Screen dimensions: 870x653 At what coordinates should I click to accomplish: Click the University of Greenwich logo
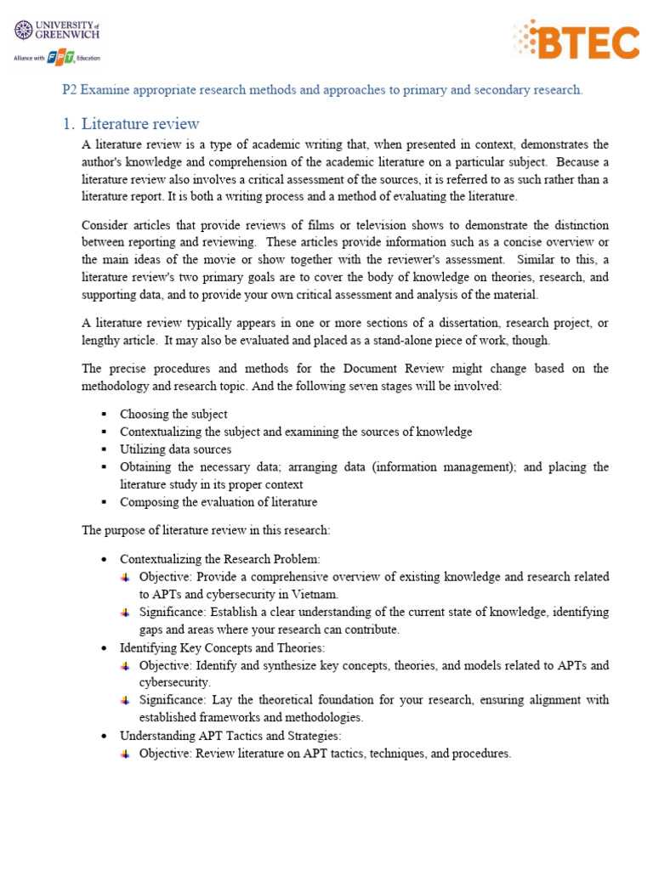57,32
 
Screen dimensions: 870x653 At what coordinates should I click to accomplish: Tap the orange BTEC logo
576,40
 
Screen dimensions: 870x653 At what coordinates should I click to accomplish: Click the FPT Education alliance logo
56,59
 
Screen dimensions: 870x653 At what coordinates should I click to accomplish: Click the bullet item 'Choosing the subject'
173,414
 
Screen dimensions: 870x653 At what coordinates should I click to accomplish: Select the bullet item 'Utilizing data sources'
175,449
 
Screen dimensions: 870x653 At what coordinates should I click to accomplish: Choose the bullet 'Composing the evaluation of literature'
219,502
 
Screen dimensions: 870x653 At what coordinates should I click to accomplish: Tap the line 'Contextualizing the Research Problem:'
220,559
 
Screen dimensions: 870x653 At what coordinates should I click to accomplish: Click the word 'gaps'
155,630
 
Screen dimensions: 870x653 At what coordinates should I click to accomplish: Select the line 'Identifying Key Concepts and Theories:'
222,647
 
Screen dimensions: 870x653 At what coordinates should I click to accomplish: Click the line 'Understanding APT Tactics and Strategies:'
230,736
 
